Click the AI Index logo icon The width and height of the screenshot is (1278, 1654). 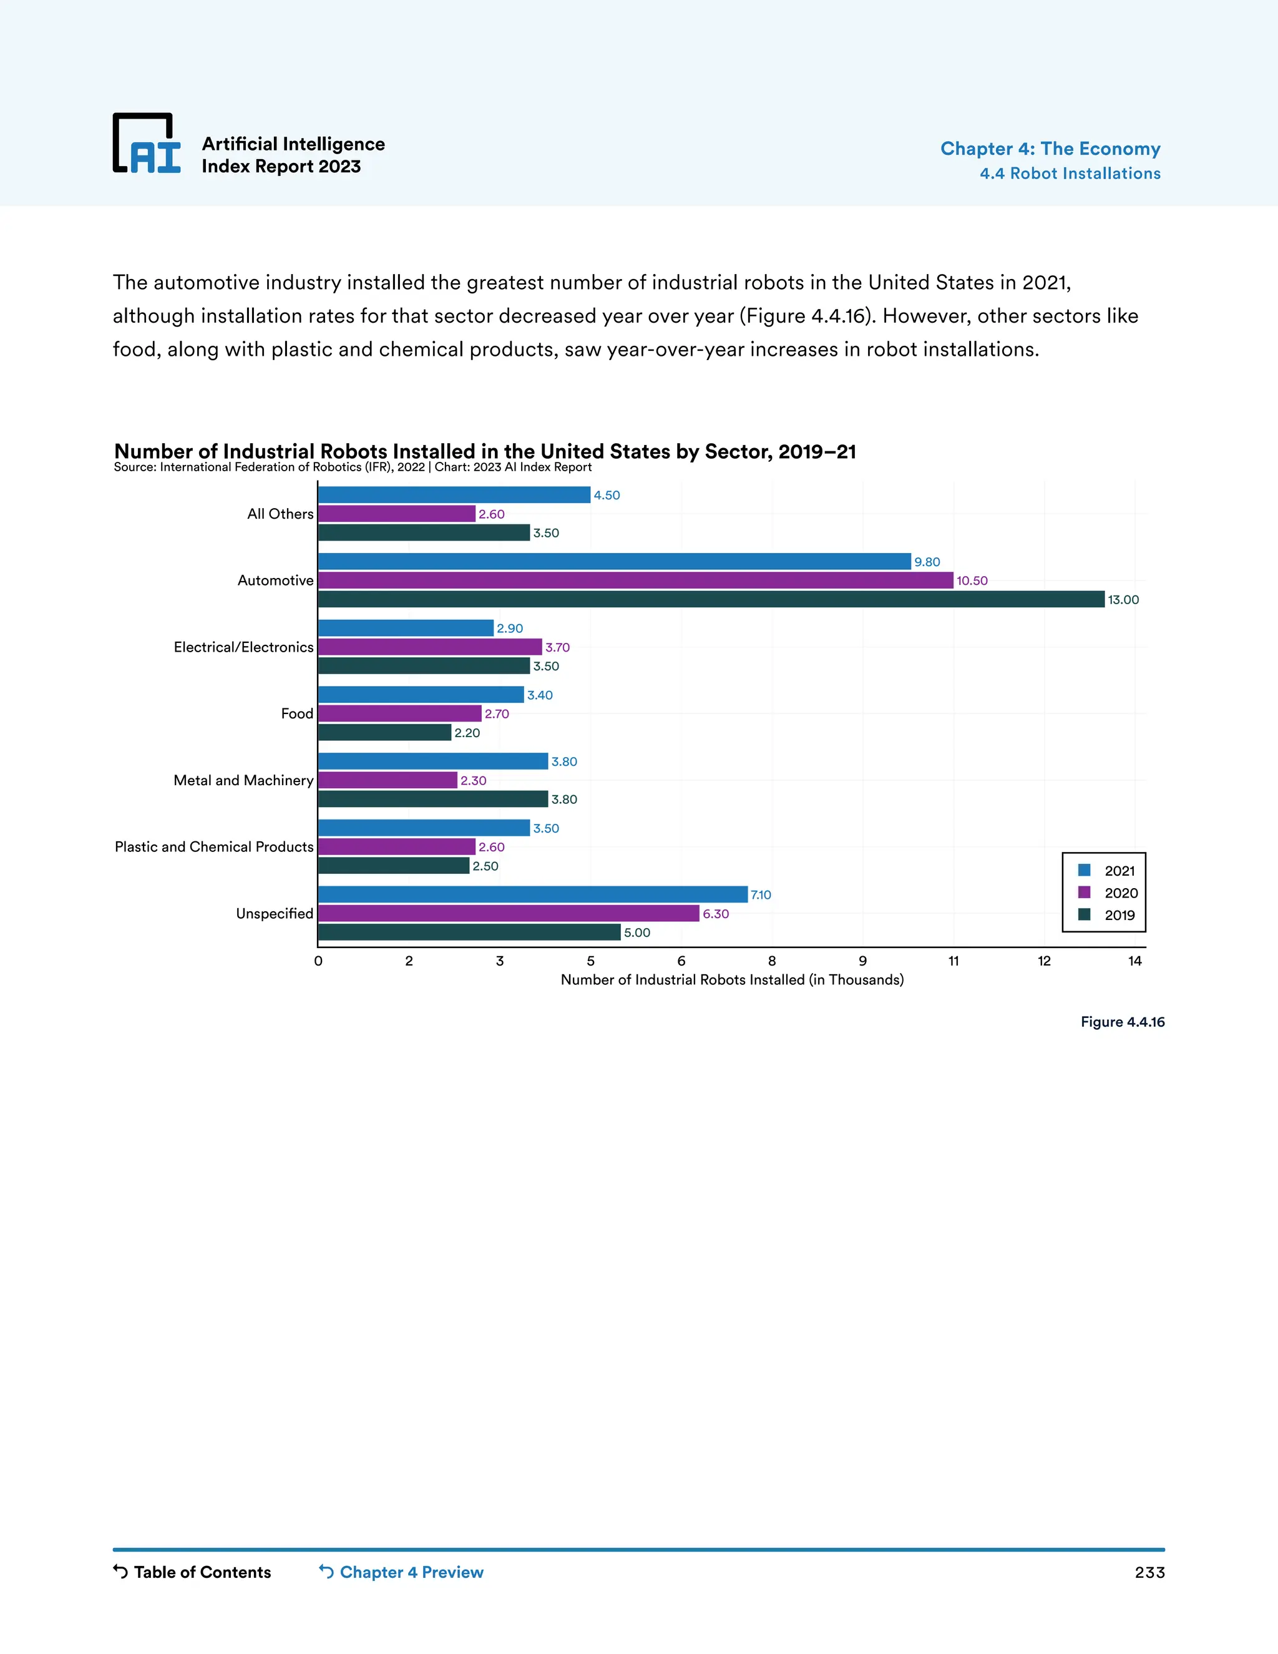tap(146, 143)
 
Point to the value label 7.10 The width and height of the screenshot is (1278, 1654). tap(761, 895)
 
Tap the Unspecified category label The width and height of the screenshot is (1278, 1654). tap(274, 913)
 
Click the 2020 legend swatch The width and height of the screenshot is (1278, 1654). tap(1084, 892)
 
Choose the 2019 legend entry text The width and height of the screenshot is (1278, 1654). tap(1119, 915)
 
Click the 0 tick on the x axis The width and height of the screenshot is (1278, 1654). tap(318, 961)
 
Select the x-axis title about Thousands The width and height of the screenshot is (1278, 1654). tap(732, 980)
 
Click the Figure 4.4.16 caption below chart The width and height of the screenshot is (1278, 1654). tap(1122, 1022)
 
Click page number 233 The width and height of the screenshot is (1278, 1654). tap(1149, 1572)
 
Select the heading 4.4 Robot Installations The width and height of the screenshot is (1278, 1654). tap(1070, 174)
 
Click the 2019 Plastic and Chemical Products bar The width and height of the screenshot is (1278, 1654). tap(394, 866)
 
